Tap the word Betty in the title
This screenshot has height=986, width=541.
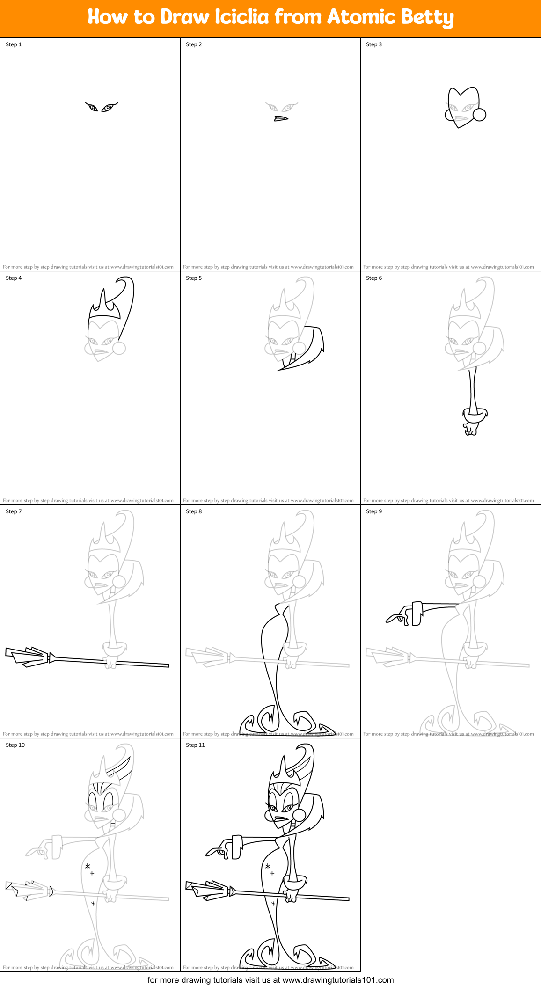[x=427, y=18]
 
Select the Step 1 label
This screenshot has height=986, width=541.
[x=14, y=44]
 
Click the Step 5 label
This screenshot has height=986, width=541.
[x=194, y=278]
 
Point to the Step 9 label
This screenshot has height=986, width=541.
[x=374, y=511]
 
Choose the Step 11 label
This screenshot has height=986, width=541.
[x=195, y=745]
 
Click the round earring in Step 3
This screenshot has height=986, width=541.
[x=479, y=114]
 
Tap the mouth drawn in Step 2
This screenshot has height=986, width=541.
[x=281, y=118]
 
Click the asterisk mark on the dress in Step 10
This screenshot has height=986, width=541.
[x=88, y=867]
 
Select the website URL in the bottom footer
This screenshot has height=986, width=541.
[x=338, y=979]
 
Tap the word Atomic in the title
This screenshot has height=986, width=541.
[x=361, y=17]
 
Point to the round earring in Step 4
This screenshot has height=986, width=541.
[x=119, y=348]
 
